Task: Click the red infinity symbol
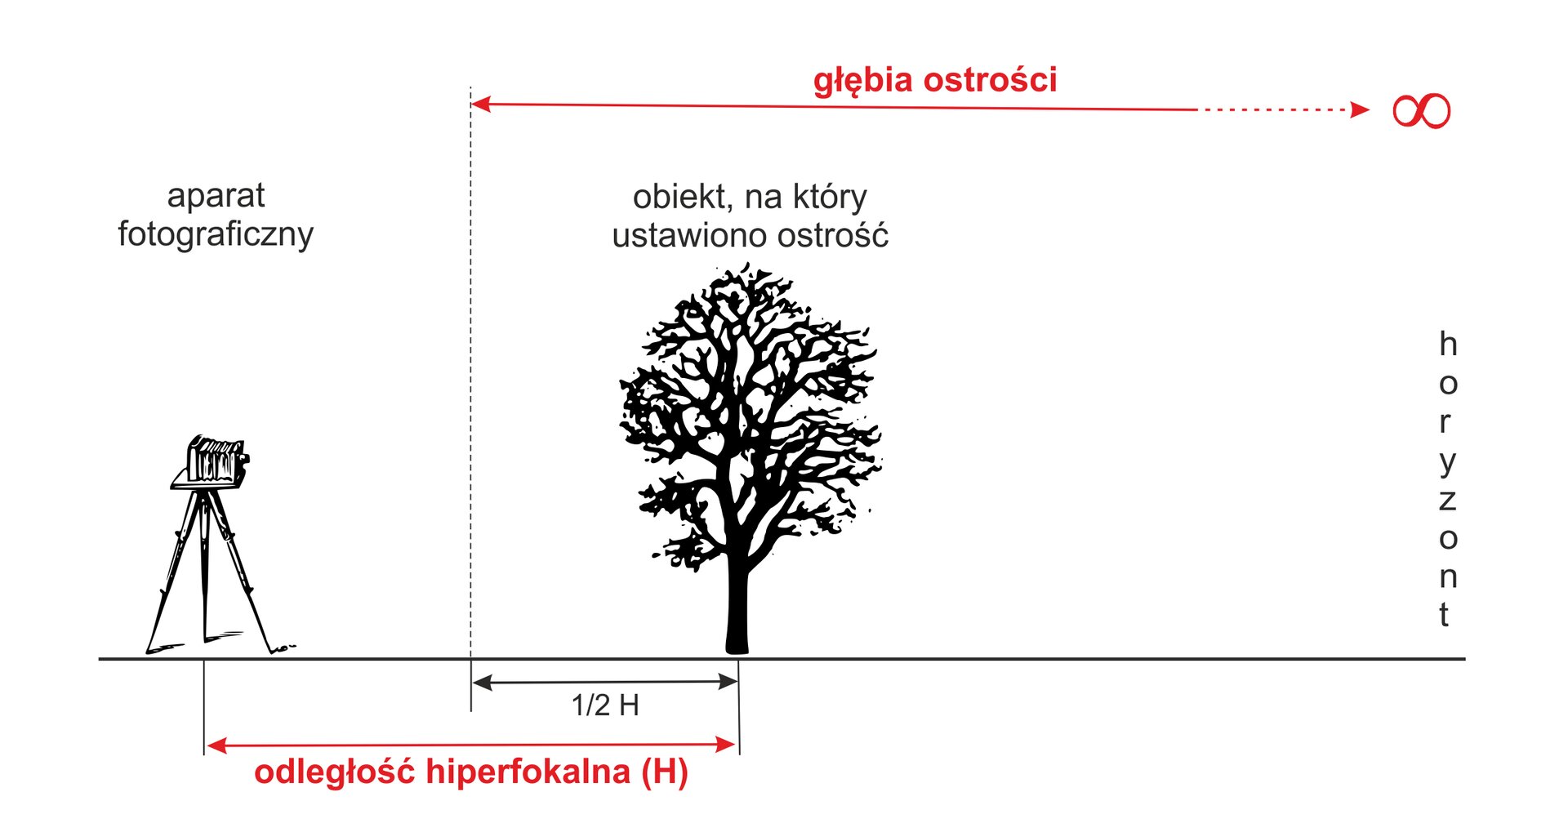point(1421,111)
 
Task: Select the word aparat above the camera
point(216,197)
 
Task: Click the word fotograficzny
point(216,234)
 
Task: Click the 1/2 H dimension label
point(605,705)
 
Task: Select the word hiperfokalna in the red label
point(528,772)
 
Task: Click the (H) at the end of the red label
point(665,772)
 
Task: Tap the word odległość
point(336,772)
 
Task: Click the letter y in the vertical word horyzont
point(1447,463)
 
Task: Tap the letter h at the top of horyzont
point(1447,344)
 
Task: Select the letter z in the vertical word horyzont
point(1447,501)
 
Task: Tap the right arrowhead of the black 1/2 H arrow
point(728,682)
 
